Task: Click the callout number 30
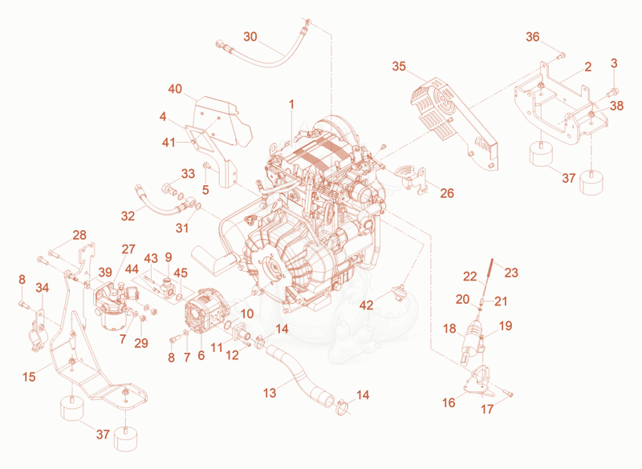point(250,37)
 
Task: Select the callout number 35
point(399,67)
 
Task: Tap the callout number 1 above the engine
point(291,105)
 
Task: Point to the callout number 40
point(175,89)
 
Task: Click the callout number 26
point(447,193)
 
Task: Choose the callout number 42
point(367,305)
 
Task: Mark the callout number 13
point(270,393)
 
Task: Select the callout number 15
point(29,377)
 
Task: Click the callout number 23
point(511,273)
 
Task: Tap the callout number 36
point(533,37)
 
